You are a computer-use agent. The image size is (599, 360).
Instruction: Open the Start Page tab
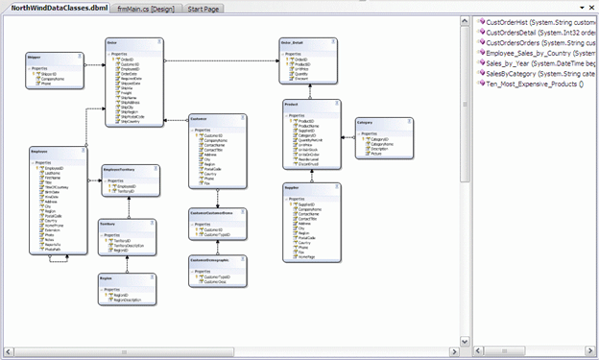pos(203,8)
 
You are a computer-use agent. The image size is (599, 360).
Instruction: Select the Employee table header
pos(41,151)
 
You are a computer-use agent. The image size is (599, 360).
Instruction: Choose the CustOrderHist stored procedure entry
pos(538,21)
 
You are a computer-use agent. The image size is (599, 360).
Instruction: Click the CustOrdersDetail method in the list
pos(538,32)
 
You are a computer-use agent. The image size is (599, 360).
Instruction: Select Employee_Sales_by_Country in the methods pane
pos(538,53)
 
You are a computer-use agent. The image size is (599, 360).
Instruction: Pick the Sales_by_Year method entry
pos(538,63)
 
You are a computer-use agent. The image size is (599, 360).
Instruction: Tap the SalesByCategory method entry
pos(538,74)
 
